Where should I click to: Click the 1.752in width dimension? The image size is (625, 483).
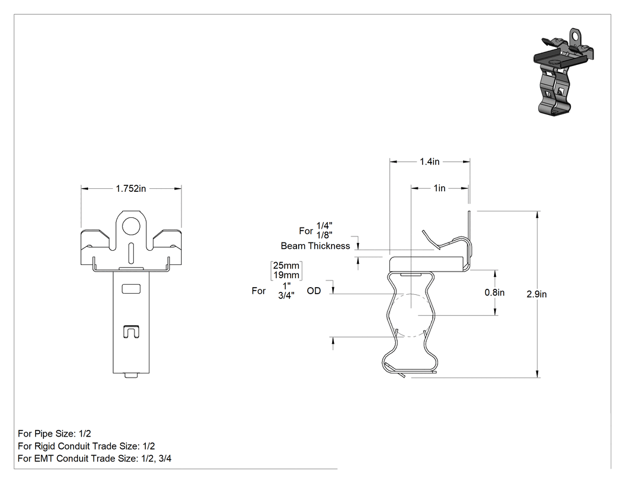click(131, 189)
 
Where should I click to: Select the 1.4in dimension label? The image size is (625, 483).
click(429, 161)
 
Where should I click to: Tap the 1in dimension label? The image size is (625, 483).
click(439, 188)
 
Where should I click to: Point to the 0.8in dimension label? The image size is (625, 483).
click(494, 293)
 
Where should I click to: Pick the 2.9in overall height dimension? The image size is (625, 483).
click(536, 294)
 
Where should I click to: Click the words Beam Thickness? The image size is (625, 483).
click(315, 246)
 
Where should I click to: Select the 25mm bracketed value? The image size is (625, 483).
click(286, 266)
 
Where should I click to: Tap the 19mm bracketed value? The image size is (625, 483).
click(286, 275)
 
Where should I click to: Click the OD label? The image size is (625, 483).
click(314, 291)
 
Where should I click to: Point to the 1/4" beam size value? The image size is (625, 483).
click(324, 226)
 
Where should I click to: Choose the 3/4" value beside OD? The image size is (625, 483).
click(286, 295)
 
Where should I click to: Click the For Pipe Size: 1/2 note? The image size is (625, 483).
click(55, 434)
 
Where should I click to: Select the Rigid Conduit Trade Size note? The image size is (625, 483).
click(86, 446)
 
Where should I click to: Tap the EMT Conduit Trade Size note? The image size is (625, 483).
click(95, 459)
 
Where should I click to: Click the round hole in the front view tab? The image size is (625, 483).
click(131, 226)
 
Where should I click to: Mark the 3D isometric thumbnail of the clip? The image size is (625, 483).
click(563, 72)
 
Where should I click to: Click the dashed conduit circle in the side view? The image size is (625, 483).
click(411, 316)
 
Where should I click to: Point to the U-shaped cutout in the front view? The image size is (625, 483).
click(131, 332)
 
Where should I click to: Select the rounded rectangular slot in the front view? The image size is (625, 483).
click(131, 289)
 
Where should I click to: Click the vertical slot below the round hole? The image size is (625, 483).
click(131, 253)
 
